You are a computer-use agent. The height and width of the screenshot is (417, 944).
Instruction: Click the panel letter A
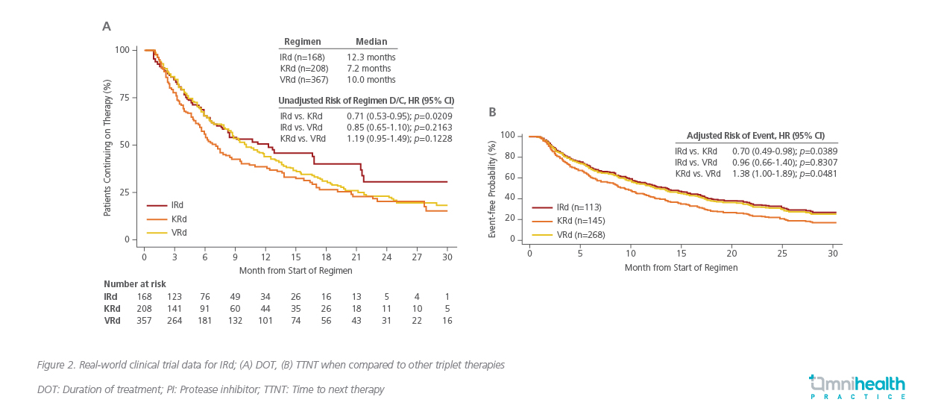pos(107,27)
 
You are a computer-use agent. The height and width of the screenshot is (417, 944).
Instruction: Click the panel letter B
pos(492,112)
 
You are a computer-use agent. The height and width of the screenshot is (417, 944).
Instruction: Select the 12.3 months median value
pos(371,57)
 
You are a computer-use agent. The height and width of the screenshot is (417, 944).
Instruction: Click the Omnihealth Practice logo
pos(857,388)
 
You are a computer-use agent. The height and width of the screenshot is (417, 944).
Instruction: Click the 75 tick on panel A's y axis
pos(124,97)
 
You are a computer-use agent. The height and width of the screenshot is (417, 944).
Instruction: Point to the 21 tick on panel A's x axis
pos(356,256)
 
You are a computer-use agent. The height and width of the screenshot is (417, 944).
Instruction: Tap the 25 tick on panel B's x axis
pos(782,253)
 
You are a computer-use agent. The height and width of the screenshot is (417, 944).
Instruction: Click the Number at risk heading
pos(135,284)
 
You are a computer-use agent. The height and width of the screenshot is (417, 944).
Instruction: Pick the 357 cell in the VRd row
pos(145,320)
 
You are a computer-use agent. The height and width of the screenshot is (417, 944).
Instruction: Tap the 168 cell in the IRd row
pos(145,296)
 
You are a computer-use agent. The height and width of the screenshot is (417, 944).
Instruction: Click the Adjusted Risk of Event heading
pos(755,135)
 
